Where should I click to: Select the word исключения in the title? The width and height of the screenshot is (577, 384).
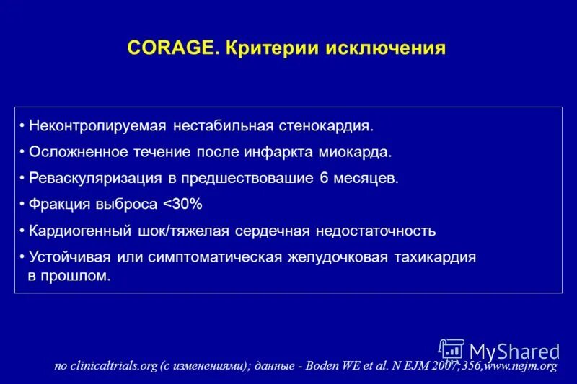coord(387,48)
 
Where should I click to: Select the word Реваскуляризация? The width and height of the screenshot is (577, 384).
coord(90,178)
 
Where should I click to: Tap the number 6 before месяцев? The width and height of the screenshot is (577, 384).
coord(337,178)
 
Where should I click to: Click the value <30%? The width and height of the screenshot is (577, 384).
coord(182,204)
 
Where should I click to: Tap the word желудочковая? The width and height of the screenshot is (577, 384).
coord(338,257)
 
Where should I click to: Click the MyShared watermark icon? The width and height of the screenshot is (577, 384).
coord(452,350)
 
